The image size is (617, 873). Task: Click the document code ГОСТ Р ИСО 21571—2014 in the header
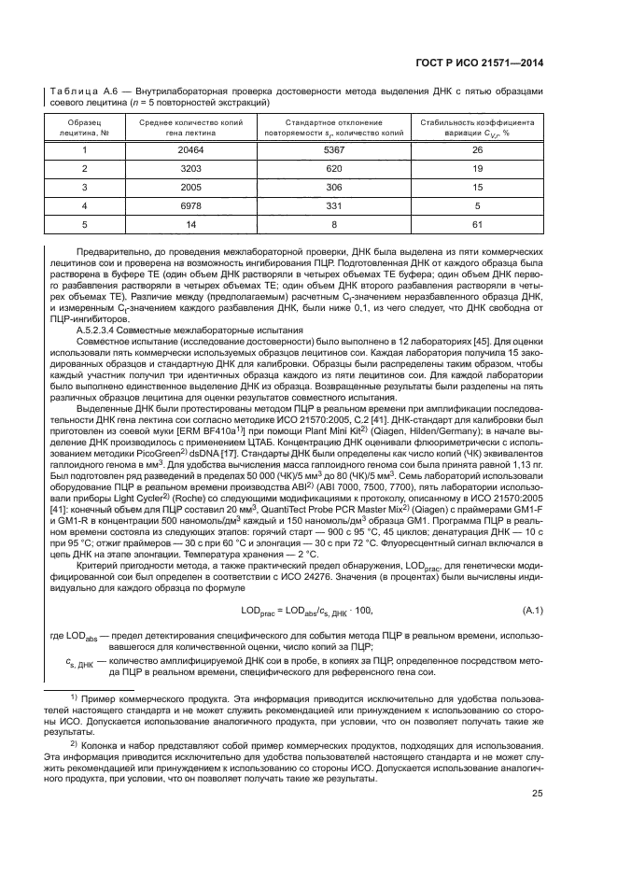coord(486,63)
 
